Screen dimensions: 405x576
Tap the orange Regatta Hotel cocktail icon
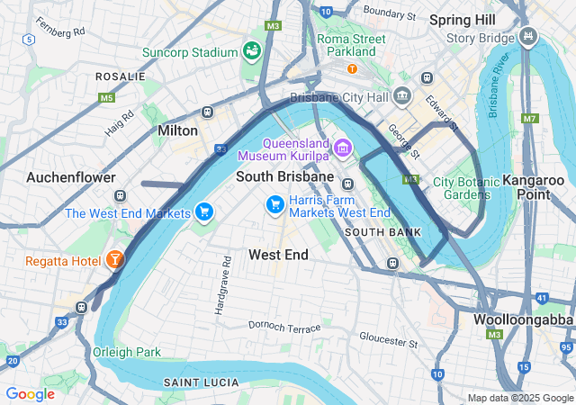click(x=115, y=261)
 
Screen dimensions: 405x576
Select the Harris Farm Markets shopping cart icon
click(x=275, y=206)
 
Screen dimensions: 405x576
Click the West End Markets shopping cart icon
click(x=204, y=212)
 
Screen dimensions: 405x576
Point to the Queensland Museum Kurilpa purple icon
click(x=342, y=147)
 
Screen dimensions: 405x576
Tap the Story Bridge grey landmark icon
click(x=528, y=38)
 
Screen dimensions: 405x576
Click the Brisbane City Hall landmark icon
click(x=402, y=96)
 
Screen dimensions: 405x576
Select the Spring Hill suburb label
click(x=462, y=19)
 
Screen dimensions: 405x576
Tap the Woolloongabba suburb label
click(x=525, y=319)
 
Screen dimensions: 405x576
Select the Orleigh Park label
click(x=126, y=352)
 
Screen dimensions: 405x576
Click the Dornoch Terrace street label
click(x=284, y=328)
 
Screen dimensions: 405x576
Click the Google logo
click(x=30, y=394)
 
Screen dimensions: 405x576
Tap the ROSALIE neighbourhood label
click(x=121, y=77)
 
